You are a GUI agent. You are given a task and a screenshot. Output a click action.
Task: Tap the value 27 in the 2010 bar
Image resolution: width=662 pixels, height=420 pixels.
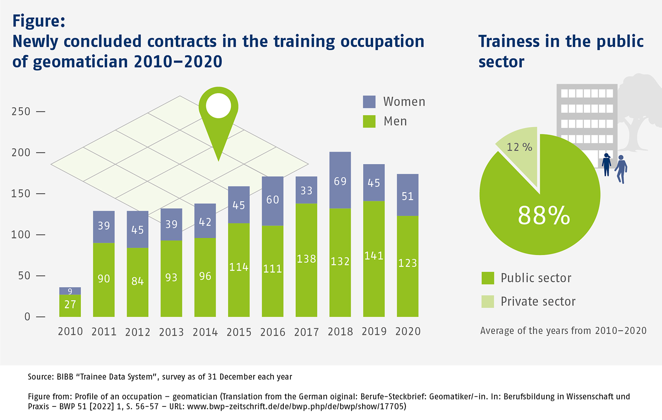click(x=70, y=304)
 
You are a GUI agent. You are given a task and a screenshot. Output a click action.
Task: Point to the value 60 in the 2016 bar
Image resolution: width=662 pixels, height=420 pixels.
click(x=272, y=200)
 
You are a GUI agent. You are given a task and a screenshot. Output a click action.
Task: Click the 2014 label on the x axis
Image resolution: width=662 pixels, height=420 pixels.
click(x=205, y=332)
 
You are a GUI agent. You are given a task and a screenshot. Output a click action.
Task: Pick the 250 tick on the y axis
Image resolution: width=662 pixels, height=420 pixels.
click(x=21, y=111)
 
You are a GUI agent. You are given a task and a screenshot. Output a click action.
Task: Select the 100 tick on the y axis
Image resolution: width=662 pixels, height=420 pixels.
click(x=21, y=234)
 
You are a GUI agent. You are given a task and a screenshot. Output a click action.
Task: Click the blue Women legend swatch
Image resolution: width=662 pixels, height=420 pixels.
click(x=369, y=102)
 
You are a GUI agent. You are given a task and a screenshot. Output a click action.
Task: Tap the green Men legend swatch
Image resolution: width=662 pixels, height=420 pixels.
click(x=369, y=121)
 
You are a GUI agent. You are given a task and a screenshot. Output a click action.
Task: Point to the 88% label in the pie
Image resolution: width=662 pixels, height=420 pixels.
click(x=544, y=215)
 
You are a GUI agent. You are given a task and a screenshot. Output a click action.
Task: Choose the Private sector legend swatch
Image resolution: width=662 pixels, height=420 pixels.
click(x=488, y=302)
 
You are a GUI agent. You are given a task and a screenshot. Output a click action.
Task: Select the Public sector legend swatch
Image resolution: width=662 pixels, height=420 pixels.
click(x=488, y=278)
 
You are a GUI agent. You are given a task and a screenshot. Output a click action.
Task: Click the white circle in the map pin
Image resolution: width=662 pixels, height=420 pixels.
click(x=218, y=106)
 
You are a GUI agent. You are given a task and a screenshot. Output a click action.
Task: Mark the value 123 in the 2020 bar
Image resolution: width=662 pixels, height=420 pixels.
click(x=408, y=263)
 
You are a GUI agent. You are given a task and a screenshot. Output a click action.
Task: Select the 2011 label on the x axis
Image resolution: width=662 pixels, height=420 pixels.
click(x=104, y=332)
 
